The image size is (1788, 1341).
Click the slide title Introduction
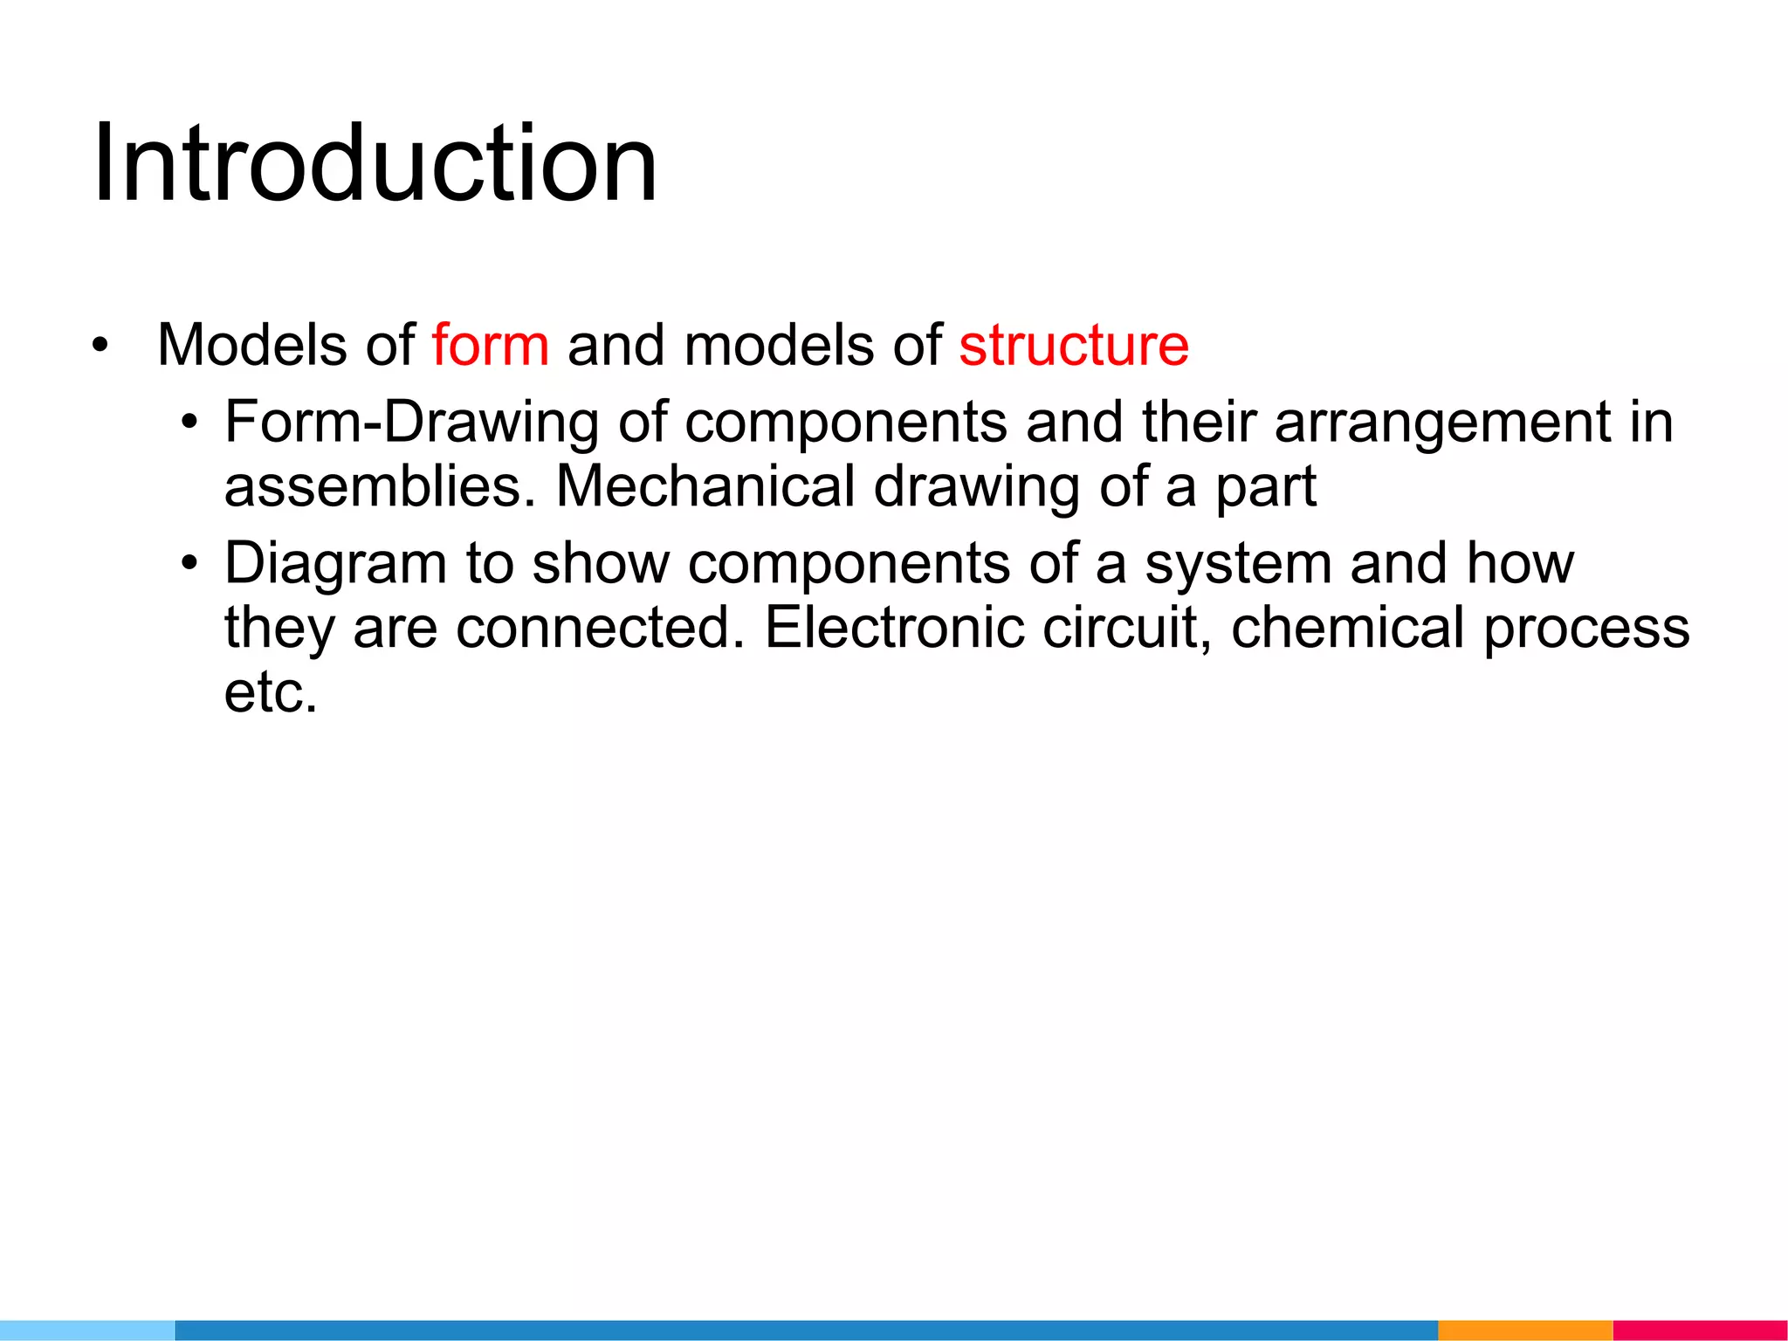[x=375, y=164]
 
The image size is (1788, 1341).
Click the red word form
[x=490, y=345]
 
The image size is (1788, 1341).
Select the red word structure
[x=1073, y=345]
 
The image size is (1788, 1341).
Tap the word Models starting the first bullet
[x=252, y=345]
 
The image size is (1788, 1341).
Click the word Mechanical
[x=705, y=486]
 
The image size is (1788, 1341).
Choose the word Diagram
[x=335, y=565]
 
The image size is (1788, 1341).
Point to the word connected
[x=600, y=628]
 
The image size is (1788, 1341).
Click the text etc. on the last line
[x=271, y=692]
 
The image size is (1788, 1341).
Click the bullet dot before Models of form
[x=100, y=346]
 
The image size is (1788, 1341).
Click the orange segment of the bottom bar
[x=1524, y=1330]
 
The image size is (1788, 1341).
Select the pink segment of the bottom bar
[x=1700, y=1330]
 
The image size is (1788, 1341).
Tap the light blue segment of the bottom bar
[x=87, y=1330]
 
